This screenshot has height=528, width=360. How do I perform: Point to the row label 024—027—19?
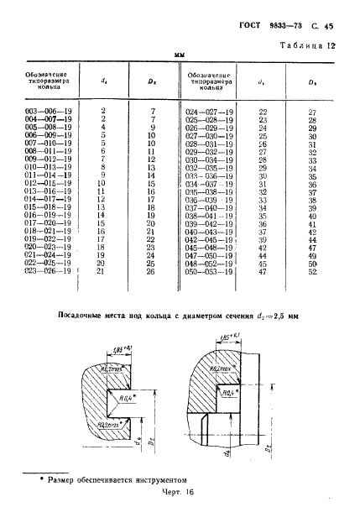(208, 111)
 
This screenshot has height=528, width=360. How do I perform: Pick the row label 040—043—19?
(208, 231)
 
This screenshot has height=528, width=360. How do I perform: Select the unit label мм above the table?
(179, 55)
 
